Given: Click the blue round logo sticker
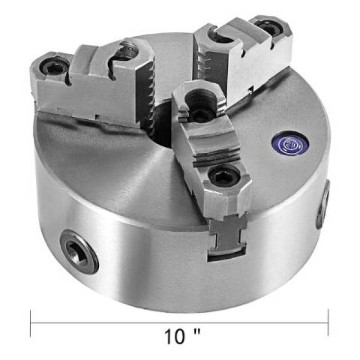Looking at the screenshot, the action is tap(290, 143).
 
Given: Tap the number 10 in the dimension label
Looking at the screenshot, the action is tap(175, 337).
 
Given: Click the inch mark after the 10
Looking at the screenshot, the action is tap(197, 332).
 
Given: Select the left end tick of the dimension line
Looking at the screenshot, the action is tap(30, 324).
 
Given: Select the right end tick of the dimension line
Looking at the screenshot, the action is tap(328, 322).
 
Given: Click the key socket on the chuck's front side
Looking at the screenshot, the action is tap(79, 251).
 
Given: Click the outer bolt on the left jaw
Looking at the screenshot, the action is tap(52, 67).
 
